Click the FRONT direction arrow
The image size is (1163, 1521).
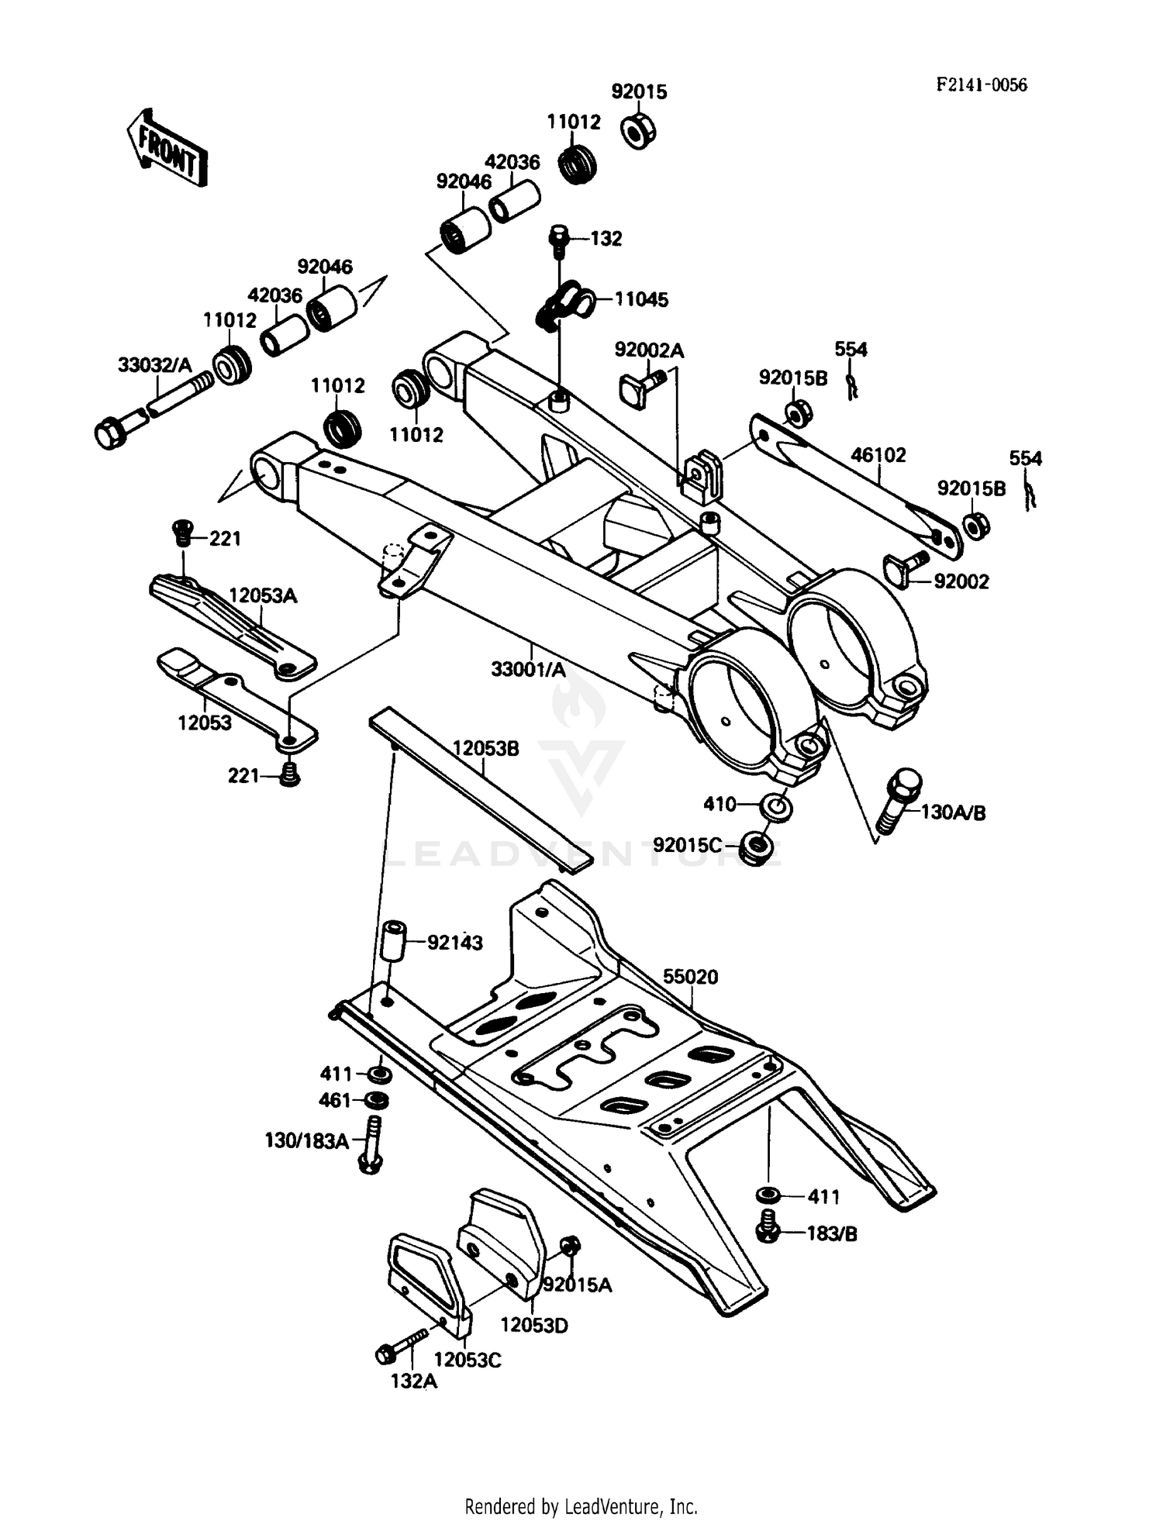[167, 147]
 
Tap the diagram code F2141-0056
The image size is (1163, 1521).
[981, 85]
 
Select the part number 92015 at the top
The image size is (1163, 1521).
[638, 91]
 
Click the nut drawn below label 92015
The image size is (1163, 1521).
[639, 130]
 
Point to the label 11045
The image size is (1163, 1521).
[641, 299]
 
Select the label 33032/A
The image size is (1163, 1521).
[154, 364]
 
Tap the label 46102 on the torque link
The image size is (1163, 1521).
[878, 455]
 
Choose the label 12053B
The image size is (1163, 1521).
[485, 749]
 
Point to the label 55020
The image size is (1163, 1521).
[690, 977]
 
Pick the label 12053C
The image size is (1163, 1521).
[467, 1360]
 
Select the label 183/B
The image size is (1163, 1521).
[832, 1233]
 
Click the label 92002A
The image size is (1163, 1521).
[649, 350]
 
